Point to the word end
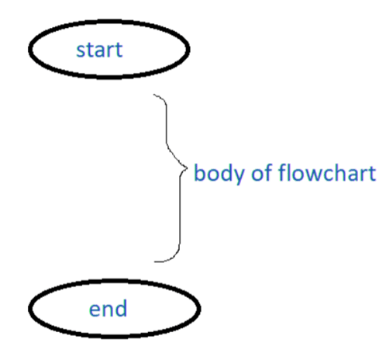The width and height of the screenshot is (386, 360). tap(109, 310)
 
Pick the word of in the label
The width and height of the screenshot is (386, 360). tap(248, 172)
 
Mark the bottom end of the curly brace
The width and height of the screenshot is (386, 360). tap(154, 261)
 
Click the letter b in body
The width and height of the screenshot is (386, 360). tap(199, 172)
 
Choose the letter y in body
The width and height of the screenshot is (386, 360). tap(229, 175)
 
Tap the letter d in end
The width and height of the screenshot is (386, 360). tap(121, 309)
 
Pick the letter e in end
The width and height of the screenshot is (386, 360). tap(95, 310)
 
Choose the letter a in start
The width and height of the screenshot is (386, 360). tap(101, 52)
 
